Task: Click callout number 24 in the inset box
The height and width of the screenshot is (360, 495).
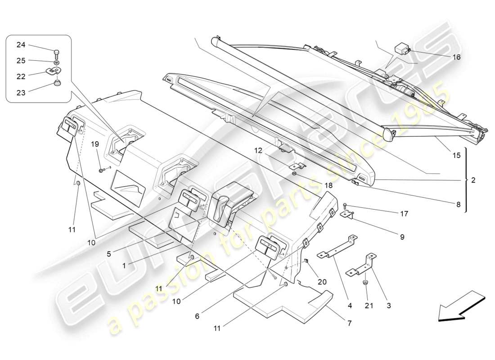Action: [x=21, y=45]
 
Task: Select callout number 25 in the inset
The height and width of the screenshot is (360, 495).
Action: [x=21, y=61]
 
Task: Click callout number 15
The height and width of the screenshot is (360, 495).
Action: [x=456, y=156]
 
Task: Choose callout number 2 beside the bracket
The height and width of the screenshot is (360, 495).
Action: [x=473, y=180]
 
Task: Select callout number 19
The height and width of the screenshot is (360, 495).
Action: [x=95, y=144]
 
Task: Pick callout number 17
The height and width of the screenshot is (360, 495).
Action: [x=404, y=214]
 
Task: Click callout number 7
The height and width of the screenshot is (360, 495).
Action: [x=349, y=323]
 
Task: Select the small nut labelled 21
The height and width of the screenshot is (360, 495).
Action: [x=365, y=283]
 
